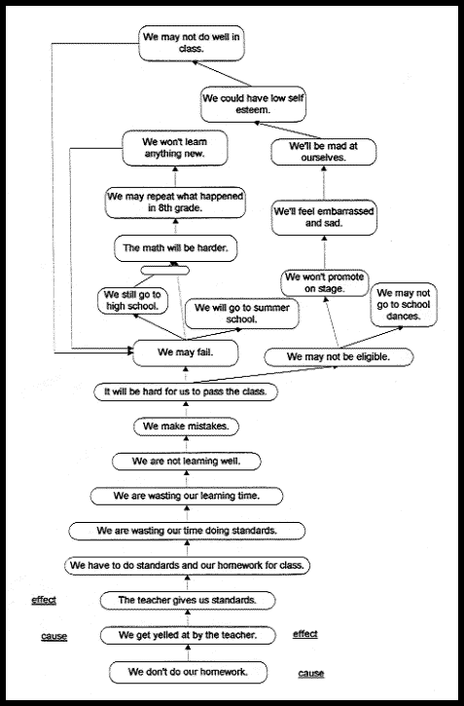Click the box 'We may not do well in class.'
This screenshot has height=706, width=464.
[192, 43]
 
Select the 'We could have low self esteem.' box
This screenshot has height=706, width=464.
[253, 104]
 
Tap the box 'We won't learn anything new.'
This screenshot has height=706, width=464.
[175, 148]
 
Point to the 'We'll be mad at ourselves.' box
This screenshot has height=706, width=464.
[324, 152]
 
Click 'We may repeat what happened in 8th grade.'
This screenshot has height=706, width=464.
[175, 203]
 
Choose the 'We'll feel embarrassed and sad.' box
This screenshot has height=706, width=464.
[324, 217]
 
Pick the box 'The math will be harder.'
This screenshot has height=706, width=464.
[175, 248]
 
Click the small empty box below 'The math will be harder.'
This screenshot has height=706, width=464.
[165, 270]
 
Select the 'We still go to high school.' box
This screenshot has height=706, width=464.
[132, 301]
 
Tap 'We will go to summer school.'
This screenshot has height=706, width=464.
[242, 314]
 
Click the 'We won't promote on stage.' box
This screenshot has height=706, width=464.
[325, 282]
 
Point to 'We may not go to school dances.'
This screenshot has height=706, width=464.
[404, 305]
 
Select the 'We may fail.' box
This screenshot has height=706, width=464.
[186, 353]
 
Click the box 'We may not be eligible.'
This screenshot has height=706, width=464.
[339, 357]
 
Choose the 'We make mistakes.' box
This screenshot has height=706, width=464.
[186, 427]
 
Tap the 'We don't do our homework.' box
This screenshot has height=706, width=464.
[188, 672]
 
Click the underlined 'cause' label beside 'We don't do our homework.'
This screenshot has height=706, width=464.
[310, 673]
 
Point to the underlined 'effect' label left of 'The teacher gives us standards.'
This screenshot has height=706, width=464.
[44, 600]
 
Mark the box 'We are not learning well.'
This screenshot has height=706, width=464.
[187, 462]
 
